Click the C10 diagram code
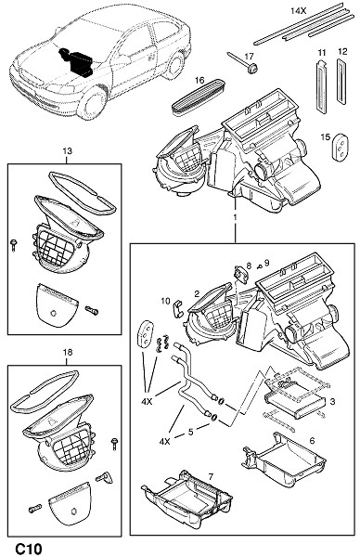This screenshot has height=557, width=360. pos(29,548)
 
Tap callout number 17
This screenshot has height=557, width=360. pos(250,56)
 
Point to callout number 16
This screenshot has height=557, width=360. pos(199,80)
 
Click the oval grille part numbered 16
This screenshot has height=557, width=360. pos(199,96)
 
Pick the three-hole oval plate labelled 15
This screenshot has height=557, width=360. pos(340,147)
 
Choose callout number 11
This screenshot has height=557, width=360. pos(322,53)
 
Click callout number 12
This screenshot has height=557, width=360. pos(342,52)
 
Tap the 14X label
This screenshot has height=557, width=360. pos(298,10)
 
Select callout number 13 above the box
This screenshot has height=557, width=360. pos(67,150)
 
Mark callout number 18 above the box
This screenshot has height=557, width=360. pos(67,352)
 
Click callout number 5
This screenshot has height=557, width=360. pos(190,432)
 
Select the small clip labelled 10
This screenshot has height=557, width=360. pos(177,308)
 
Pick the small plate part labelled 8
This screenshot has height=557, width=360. pos(241,274)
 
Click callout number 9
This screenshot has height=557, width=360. pos(266,263)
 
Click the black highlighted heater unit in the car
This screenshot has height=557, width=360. pos(76,61)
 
